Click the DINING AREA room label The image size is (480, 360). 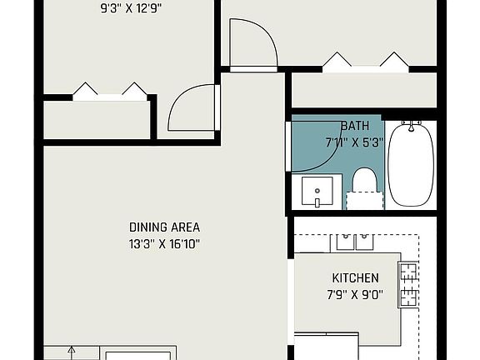[x=164, y=227]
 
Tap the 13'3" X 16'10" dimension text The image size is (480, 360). [x=164, y=244]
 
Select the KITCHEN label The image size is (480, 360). [x=355, y=278]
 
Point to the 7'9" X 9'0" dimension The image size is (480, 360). [x=355, y=295]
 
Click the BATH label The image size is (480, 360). [x=355, y=126]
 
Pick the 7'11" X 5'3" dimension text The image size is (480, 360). [x=354, y=142]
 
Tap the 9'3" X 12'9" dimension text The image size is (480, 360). [x=131, y=8]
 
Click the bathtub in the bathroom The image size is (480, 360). [x=411, y=163]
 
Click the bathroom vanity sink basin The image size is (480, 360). [x=317, y=191]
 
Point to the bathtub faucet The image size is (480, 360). [x=411, y=126]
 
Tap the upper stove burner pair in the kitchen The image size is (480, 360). [x=408, y=272]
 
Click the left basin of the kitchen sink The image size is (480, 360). [x=345, y=242]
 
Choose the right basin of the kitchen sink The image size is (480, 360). [x=364, y=242]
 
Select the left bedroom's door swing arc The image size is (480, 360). [x=176, y=98]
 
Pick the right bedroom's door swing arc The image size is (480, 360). [x=269, y=33]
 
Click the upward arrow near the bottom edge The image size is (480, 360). [x=72, y=353]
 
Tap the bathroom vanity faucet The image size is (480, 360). [x=317, y=202]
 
